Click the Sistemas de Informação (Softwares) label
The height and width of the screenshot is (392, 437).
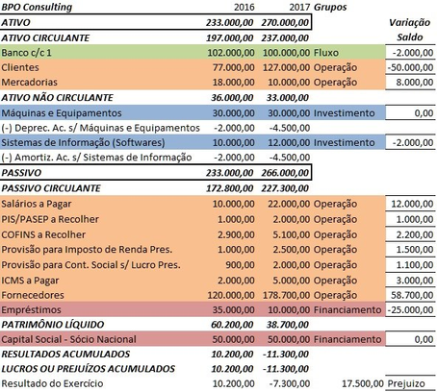[81, 174]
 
